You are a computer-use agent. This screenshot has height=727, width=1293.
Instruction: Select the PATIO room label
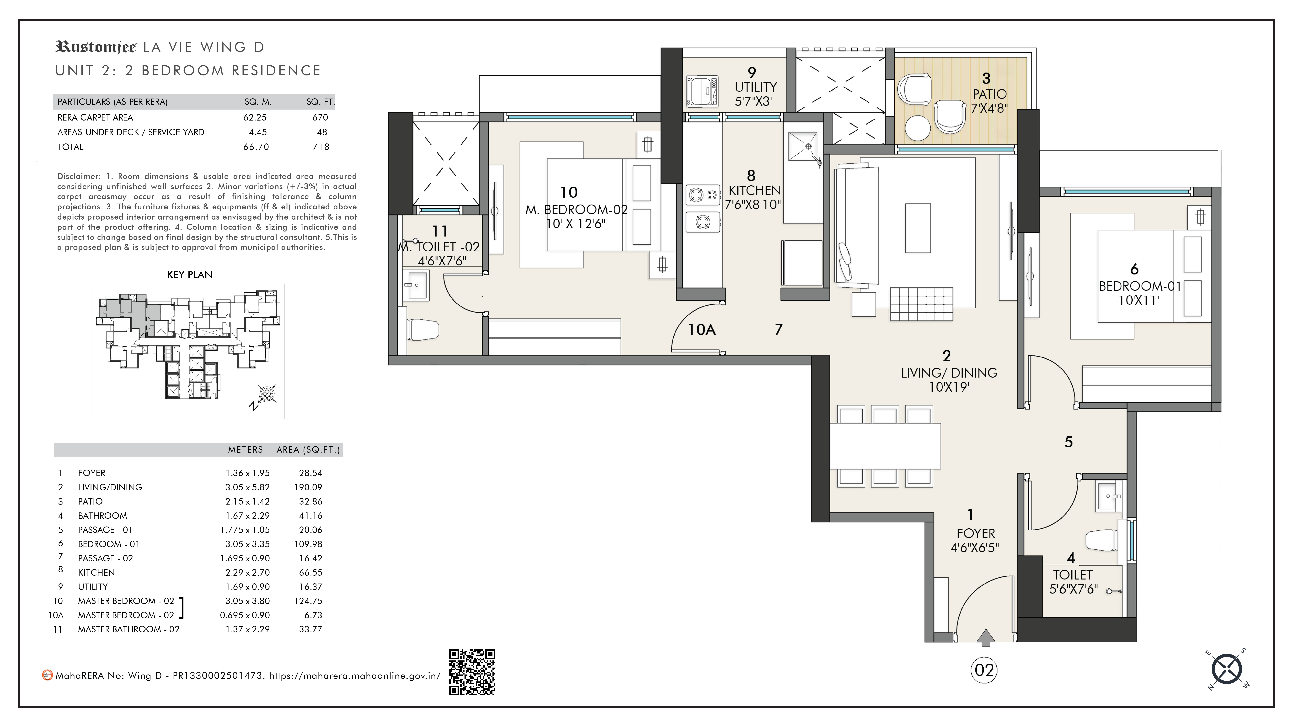(989, 94)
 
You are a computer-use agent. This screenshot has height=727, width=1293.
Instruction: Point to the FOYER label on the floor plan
(975, 533)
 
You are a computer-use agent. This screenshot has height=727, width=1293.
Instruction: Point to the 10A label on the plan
(701, 330)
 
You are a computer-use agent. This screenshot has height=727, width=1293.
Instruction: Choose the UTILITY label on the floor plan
(755, 87)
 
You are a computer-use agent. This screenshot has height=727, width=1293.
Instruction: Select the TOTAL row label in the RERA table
(70, 147)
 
